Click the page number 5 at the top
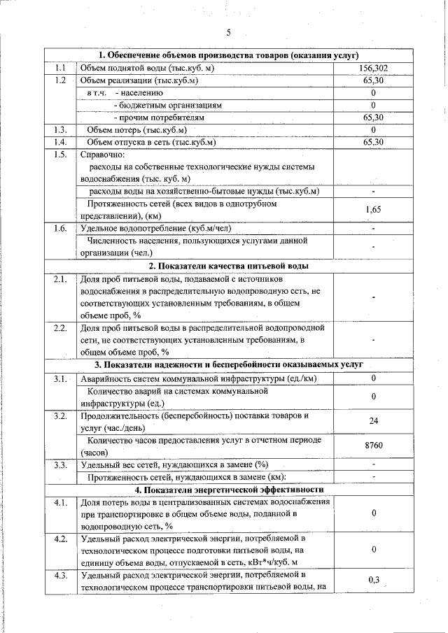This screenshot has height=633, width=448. point(228,32)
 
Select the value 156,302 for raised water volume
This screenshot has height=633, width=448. point(373,68)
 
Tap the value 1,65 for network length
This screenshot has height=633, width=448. point(373,209)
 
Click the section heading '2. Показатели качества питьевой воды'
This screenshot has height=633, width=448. point(228,266)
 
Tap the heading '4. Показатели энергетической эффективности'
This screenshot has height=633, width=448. point(228,490)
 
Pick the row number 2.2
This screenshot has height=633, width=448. point(61,327)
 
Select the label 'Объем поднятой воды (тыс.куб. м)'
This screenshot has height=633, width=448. point(147,68)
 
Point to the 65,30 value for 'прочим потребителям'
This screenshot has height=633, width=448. point(373,118)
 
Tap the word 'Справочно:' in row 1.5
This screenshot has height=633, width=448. point(102,154)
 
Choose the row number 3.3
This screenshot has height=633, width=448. point(61,464)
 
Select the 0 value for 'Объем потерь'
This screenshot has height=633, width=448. point(373,130)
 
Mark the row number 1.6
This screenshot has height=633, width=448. point(61,228)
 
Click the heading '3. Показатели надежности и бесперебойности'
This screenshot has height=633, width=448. point(228,365)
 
